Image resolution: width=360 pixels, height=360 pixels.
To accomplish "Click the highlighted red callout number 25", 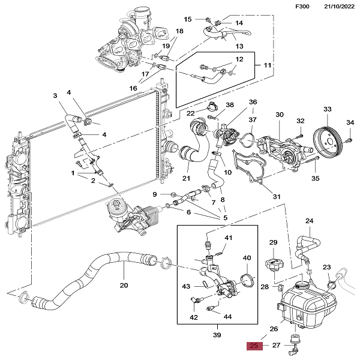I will click(x=254, y=346).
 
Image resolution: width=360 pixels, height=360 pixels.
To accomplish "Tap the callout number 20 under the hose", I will click(x=124, y=285).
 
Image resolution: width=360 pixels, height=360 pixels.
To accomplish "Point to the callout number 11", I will click(x=268, y=64).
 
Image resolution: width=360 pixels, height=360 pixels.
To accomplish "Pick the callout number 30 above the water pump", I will click(x=279, y=115).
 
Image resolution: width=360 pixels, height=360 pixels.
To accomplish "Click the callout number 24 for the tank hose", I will click(x=309, y=221).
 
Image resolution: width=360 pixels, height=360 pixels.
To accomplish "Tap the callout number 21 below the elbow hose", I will click(x=186, y=178).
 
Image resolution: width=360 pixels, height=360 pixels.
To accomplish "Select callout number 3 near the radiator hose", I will click(x=55, y=96).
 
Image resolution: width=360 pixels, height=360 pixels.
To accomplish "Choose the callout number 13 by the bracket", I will click(x=239, y=46).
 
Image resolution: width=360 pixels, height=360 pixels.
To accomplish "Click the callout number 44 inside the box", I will click(x=227, y=316).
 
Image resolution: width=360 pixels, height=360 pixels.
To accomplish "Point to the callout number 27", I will click(x=277, y=346).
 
